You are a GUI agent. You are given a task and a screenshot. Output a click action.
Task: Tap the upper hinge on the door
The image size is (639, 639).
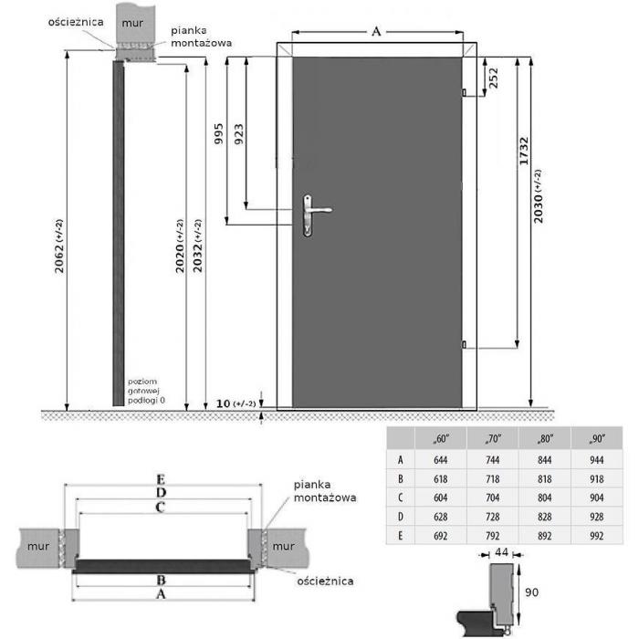click(464, 92)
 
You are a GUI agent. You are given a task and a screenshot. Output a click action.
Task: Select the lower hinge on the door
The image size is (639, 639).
click(464, 345)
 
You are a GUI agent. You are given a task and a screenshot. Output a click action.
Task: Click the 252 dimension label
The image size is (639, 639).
click(493, 78)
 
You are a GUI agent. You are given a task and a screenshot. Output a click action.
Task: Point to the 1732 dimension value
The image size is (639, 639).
click(524, 152)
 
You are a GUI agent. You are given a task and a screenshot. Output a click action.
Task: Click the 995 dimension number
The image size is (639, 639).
click(219, 133)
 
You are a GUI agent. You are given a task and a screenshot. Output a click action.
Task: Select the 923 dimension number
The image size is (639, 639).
click(239, 133)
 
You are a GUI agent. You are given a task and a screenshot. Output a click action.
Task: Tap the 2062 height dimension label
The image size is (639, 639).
click(59, 246)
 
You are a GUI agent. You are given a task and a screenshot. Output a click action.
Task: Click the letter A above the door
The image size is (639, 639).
click(376, 31)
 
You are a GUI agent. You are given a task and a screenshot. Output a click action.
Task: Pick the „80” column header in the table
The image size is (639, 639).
click(545, 439)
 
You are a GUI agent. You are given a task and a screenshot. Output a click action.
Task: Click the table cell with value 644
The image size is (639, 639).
click(441, 460)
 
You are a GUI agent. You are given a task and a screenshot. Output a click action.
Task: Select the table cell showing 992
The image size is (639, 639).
click(597, 536)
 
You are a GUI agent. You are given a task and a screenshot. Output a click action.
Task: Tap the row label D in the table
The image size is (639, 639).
click(400, 517)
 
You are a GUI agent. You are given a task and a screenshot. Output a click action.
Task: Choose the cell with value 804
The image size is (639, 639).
click(545, 498)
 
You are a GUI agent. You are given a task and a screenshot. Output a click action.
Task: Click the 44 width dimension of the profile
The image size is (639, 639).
click(501, 552)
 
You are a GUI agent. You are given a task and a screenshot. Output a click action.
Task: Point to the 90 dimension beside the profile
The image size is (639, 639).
click(532, 592)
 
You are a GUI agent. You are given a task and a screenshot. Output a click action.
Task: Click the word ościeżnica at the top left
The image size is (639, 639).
click(76, 22)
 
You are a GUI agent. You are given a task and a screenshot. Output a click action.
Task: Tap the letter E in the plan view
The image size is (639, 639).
click(161, 479)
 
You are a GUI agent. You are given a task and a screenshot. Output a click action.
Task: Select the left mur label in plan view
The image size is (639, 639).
click(38, 546)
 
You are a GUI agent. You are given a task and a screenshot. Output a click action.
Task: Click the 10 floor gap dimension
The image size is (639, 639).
click(223, 403)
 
